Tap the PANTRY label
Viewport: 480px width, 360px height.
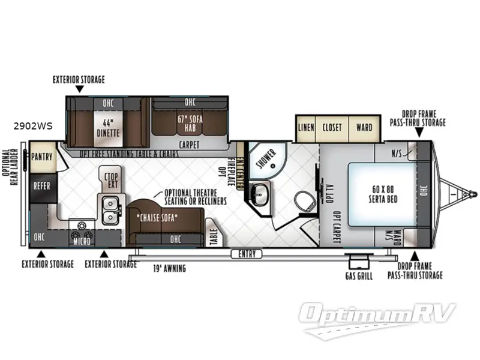point(43,157)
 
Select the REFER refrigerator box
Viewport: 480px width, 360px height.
point(42,186)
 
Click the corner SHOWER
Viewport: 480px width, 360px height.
point(265,157)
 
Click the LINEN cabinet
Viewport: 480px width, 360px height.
point(306,127)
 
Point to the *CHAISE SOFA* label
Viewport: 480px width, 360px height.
point(157,218)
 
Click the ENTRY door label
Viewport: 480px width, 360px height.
point(247,254)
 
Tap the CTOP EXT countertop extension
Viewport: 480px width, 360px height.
point(110,179)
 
